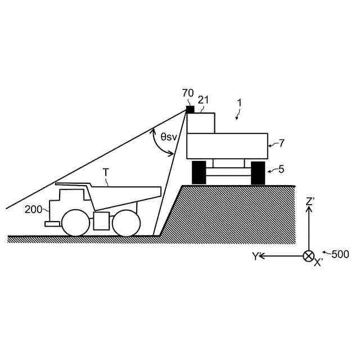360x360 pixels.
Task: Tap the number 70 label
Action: [x=188, y=93]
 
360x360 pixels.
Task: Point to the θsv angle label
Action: [x=169, y=136]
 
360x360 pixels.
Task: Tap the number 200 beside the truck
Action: [x=33, y=209]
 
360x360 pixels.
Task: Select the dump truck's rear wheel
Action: [x=126, y=222]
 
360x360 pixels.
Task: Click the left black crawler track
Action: [x=199, y=173]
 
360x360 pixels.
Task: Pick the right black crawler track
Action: [x=258, y=173]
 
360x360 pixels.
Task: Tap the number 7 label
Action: [x=281, y=143]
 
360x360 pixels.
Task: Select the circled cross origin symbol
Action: [x=308, y=256]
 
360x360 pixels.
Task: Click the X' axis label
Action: [x=318, y=263]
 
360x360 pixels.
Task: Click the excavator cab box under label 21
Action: [x=201, y=123]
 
